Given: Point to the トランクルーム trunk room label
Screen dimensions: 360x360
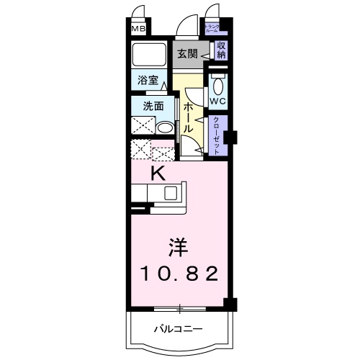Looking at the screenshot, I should pos(214,30).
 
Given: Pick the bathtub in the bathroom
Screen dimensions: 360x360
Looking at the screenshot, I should pos(150,55).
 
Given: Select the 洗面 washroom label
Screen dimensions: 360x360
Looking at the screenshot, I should pos(153,105).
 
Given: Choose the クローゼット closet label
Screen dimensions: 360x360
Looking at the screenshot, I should pos(217,135).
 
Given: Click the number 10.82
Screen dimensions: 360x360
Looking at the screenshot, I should pos(178,274).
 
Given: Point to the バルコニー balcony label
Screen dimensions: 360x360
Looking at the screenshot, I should pos(178,330).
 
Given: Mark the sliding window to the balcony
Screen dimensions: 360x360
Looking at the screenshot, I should pos(180,310).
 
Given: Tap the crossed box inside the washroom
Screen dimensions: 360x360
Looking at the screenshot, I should pos(143,127).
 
